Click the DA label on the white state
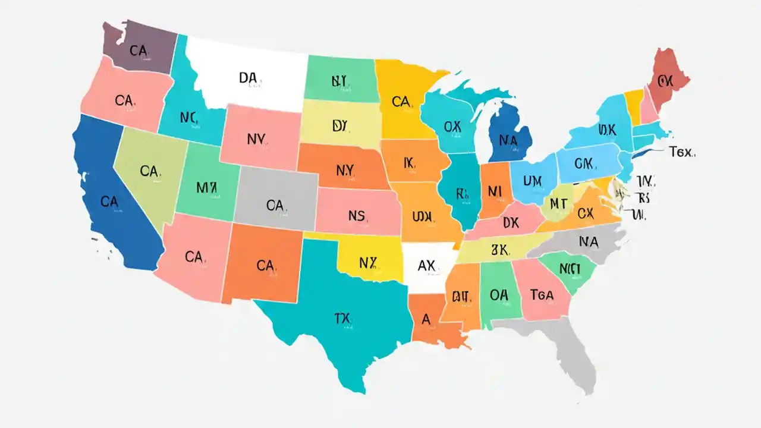pos(248,78)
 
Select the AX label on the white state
pos(426,266)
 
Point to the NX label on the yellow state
pos(369,262)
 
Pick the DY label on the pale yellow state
pos(339,125)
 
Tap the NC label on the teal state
pos(188,118)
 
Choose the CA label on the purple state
pos(138,51)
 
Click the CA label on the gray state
pos(275,206)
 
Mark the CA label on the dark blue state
pos(109,202)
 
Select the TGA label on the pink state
pos(542,295)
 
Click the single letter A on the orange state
pos(426,319)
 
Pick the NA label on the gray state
pos(588,241)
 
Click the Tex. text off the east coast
pos(681,152)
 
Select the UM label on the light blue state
pos(533,180)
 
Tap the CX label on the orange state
pos(586,212)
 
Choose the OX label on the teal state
pos(452,127)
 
